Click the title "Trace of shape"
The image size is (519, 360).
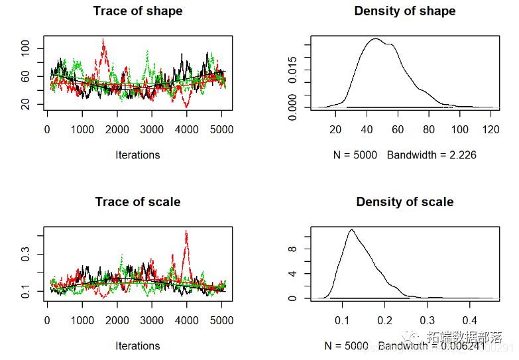tap(138, 11)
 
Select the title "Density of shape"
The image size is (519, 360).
tap(405, 11)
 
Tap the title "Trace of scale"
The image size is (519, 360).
tap(138, 202)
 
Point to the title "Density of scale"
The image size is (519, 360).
tap(405, 202)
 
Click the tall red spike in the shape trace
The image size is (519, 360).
tap(103, 42)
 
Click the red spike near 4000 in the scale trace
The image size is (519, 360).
tap(186, 233)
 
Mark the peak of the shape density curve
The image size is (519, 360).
tap(376, 39)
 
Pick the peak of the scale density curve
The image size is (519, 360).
tap(351, 230)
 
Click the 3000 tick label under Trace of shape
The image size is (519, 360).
tap(152, 130)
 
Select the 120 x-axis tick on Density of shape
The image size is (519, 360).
tap(491, 130)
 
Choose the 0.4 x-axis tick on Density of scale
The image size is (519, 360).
tap(469, 321)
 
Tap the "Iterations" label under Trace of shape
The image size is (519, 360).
tap(138, 155)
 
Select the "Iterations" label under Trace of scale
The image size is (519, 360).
tap(138, 346)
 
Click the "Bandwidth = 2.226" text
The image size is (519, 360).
tap(432, 155)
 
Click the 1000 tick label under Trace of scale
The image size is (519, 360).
tap(82, 321)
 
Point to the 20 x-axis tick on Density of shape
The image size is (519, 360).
tap(335, 130)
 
